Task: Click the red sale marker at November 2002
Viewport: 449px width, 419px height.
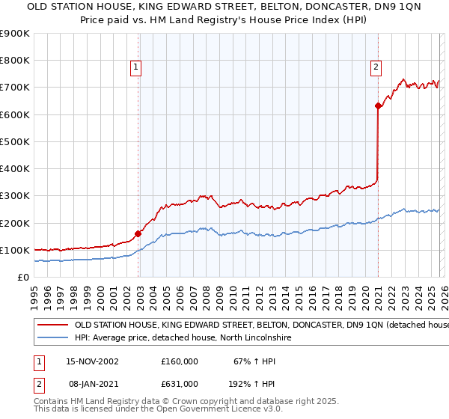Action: coord(138,233)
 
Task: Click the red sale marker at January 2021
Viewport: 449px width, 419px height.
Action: coord(378,106)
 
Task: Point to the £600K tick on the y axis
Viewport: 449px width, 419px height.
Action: coord(15,114)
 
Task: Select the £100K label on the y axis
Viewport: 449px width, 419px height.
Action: coord(15,250)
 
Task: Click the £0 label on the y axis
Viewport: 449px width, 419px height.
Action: coord(22,277)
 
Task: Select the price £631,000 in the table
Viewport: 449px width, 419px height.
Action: coord(180,384)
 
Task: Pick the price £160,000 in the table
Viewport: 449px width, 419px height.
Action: coord(180,361)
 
